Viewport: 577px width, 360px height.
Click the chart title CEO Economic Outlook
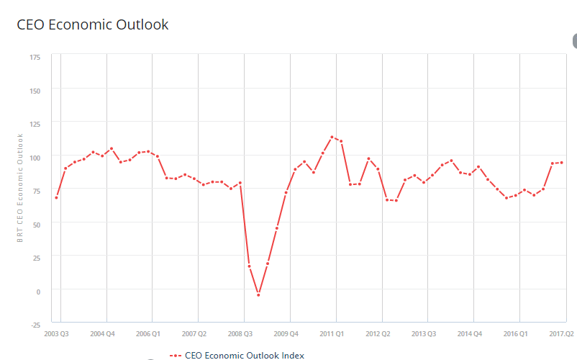(92, 24)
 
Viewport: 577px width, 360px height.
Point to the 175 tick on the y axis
(35, 56)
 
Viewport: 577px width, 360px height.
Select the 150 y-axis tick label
(35, 90)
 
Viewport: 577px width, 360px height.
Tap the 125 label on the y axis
(35, 123)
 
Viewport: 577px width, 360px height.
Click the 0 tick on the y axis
(38, 291)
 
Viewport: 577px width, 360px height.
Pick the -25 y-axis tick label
(36, 324)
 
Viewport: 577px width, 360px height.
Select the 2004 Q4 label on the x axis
(101, 334)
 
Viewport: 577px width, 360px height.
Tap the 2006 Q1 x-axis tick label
(147, 334)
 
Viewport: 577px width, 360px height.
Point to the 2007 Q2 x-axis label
(194, 334)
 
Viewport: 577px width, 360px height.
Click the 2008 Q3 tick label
(240, 334)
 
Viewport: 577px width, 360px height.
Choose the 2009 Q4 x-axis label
(286, 334)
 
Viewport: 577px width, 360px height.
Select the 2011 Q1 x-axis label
(332, 334)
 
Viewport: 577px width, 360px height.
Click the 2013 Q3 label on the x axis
(424, 334)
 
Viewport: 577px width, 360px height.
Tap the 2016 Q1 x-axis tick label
(515, 334)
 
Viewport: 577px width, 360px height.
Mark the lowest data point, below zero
(258, 294)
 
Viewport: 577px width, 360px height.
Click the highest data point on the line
(332, 137)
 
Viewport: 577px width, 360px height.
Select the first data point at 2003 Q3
(56, 197)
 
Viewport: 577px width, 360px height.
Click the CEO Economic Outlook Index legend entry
(237, 355)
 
